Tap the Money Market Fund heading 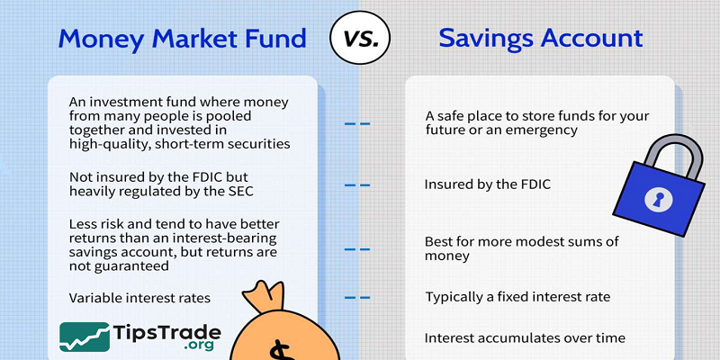coord(183,39)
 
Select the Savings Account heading coord(541,39)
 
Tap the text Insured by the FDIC coord(487,184)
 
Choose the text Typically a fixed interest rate coord(517,297)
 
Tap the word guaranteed coord(130,266)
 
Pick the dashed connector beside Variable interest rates coord(357,297)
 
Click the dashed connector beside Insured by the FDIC coord(357,184)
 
